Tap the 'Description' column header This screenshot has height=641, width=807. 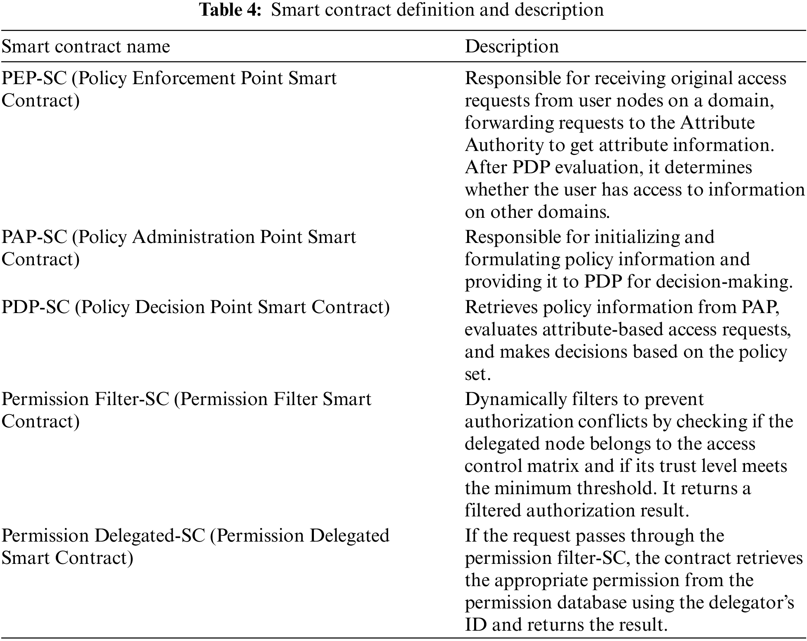point(512,46)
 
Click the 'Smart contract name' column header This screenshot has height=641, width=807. point(86,46)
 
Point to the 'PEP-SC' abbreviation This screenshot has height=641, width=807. point(34,78)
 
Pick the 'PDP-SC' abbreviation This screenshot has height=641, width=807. point(36,307)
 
